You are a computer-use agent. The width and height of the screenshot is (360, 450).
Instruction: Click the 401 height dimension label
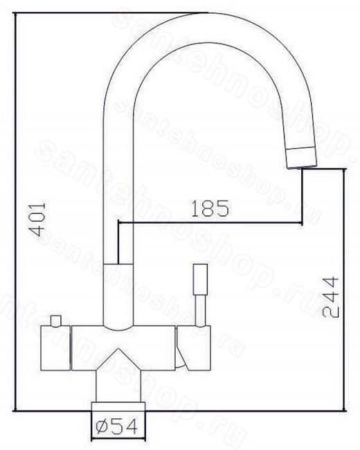pos(38,219)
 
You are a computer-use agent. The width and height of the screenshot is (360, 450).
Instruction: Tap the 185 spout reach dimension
pos(210,208)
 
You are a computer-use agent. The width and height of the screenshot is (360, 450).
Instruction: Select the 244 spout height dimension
pos(330,297)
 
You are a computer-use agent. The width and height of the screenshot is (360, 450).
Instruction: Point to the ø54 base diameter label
pos(116,426)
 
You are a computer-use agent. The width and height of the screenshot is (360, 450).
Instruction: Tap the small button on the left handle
pos(55,321)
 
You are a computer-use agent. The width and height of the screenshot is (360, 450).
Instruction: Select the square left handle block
pos(55,348)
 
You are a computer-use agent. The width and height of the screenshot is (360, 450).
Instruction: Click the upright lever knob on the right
pos(200,279)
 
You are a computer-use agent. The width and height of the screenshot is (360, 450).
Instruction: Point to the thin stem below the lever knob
pos(200,311)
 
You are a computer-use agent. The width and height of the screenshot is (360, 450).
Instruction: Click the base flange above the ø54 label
pos(118,406)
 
